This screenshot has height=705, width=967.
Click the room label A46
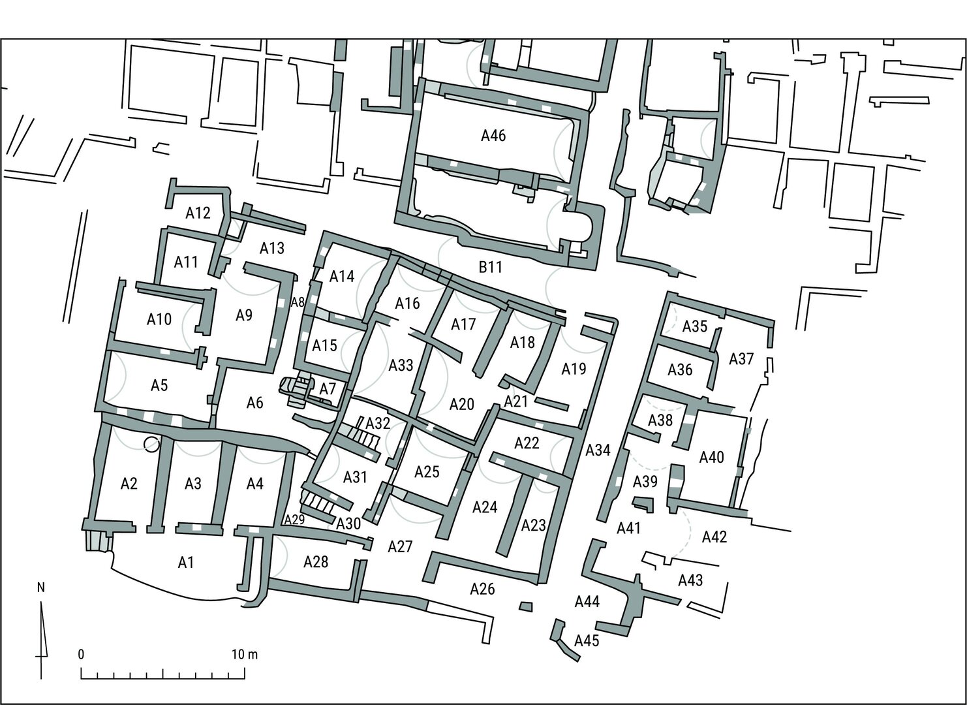[x=493, y=136]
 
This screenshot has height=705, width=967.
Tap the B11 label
[x=491, y=267]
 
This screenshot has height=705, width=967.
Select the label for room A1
[x=185, y=563]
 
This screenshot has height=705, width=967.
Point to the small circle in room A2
[x=151, y=444]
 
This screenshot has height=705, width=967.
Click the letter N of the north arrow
[x=42, y=587]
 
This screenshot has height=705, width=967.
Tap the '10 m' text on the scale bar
[x=245, y=655]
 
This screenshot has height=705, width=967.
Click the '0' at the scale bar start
[x=81, y=655]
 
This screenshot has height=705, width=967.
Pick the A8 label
[x=298, y=302]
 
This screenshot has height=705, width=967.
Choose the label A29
[x=294, y=520]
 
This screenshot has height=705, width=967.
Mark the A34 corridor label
[x=598, y=450]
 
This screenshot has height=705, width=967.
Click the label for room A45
[x=587, y=640]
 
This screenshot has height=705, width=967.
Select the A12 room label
[x=198, y=213]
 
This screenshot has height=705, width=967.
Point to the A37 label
[x=741, y=358]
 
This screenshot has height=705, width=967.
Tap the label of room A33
[x=401, y=365]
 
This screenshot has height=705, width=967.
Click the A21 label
[x=516, y=401]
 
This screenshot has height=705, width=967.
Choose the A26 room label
[x=483, y=589]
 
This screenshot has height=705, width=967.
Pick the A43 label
[x=691, y=580]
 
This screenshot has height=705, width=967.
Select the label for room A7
[x=328, y=389]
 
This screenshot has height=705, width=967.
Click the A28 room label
[x=316, y=561]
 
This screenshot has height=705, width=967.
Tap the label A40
[x=711, y=457]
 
